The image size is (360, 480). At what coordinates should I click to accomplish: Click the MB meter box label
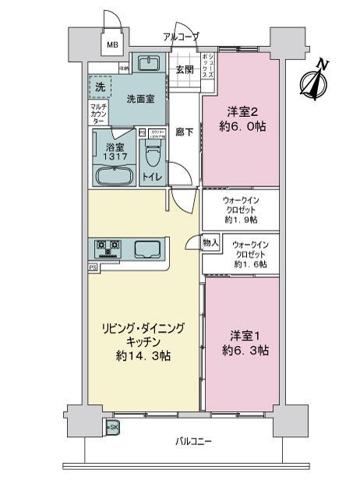pos(114,45)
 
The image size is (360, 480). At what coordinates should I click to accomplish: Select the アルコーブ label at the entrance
pos(181,37)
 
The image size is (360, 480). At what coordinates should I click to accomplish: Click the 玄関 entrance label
pos(185,69)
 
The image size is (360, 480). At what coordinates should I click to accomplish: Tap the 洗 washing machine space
pos(99,89)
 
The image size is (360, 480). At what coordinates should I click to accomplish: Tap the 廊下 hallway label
pos(185,132)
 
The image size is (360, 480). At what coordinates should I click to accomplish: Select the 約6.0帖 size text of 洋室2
pos(240,125)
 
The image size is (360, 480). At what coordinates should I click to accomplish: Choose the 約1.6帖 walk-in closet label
pos(250,265)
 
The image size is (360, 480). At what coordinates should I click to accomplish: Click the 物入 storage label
pos(210,243)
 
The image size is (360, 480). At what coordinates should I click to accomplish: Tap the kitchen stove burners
pos(108,249)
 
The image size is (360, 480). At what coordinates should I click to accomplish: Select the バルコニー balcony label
pos(192,443)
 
